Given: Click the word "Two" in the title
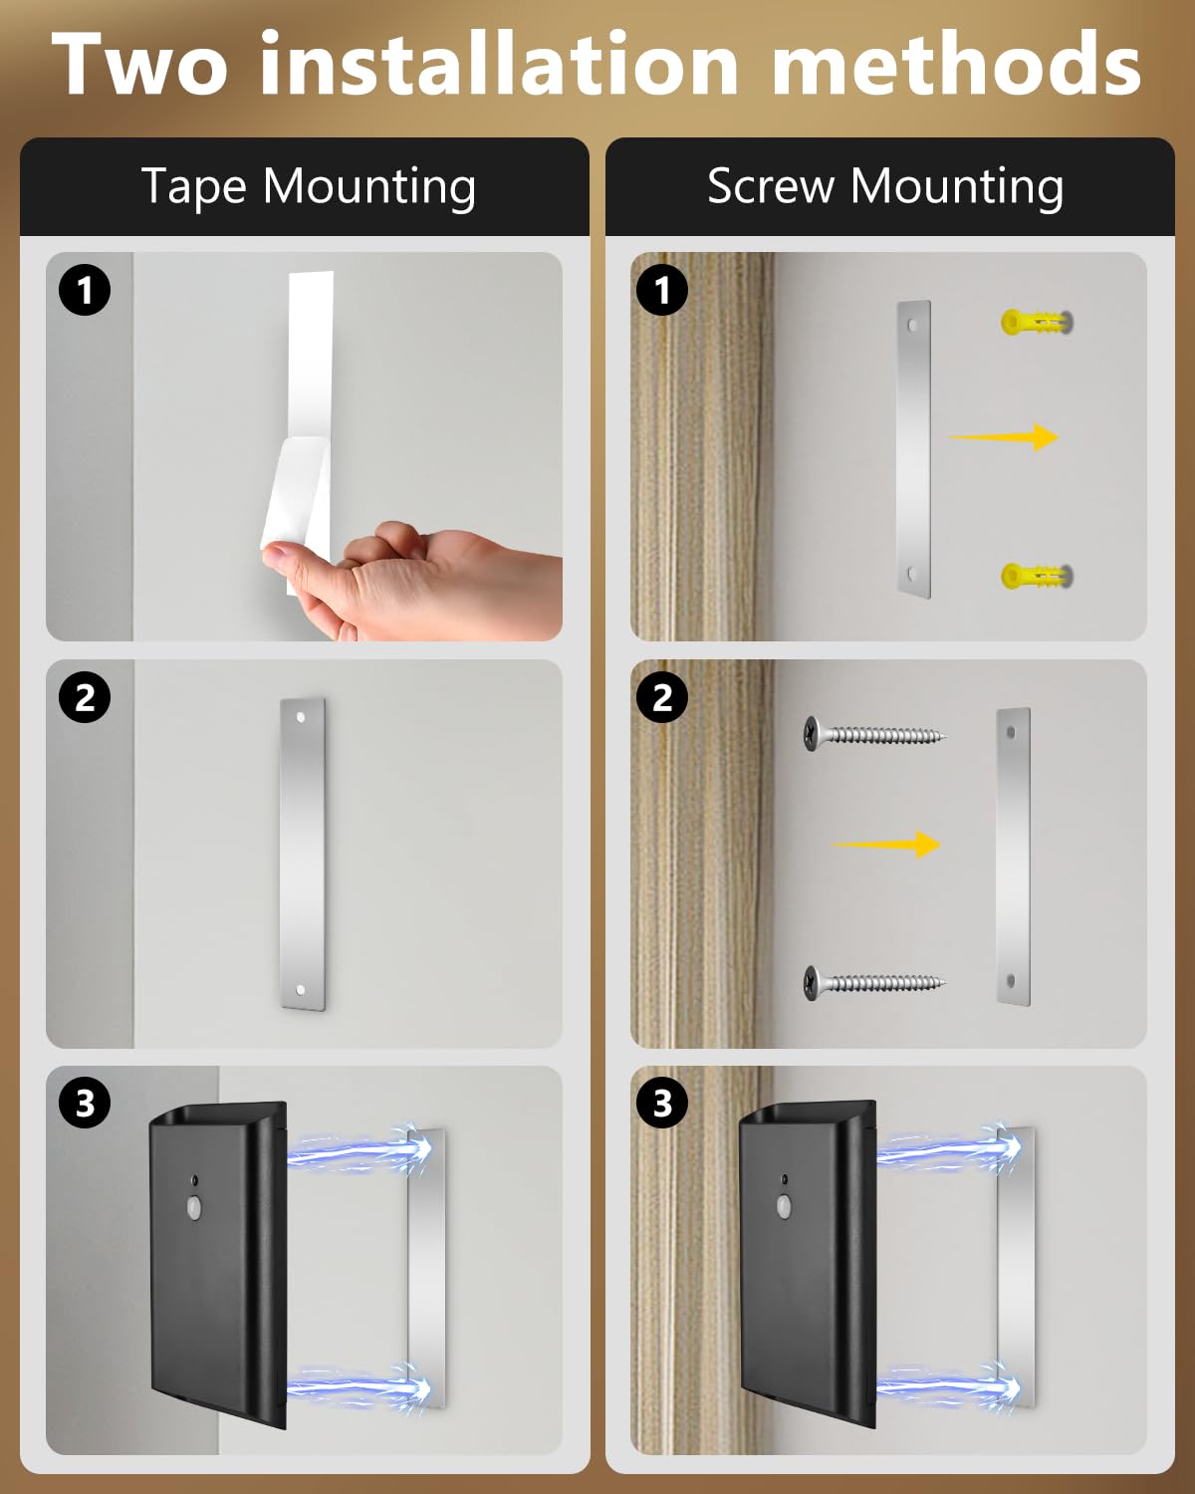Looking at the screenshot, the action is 139,64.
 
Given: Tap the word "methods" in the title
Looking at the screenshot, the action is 957,63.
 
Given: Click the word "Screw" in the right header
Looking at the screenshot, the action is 771,187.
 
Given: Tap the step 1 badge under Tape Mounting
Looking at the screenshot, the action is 85,290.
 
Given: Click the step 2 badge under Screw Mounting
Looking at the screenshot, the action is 662,697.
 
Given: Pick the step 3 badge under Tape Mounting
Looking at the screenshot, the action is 85,1103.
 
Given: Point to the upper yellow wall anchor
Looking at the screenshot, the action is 1037,322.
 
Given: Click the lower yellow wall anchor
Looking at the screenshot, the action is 1037,576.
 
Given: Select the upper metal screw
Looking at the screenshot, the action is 874,734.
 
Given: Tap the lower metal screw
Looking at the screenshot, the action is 874,982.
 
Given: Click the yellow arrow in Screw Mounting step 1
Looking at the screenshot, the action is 1004,436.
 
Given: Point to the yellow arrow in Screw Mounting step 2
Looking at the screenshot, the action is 886,845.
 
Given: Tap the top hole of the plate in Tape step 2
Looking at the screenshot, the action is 301,717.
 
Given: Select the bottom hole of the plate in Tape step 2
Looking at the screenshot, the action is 301,989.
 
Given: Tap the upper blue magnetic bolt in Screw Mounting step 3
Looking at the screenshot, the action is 949,1146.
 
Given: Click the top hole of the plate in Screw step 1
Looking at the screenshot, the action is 912,325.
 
